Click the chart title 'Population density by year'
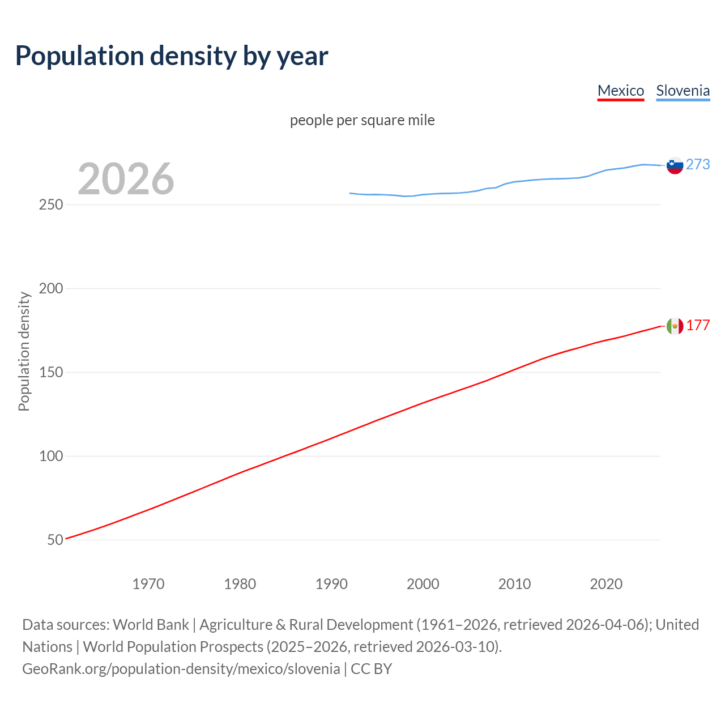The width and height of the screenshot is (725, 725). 172,56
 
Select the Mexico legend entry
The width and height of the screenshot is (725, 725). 621,91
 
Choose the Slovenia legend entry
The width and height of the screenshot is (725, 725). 683,91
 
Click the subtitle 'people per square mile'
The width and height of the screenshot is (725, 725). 362,120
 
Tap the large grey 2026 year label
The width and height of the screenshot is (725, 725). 126,179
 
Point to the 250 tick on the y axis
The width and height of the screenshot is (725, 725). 51,204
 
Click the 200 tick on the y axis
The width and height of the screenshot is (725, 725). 51,288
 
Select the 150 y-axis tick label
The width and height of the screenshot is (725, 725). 51,372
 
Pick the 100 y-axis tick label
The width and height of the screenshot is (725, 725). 51,456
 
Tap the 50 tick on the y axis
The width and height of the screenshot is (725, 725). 55,540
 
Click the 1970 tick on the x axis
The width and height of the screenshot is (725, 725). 148,584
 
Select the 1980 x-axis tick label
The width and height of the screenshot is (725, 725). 240,584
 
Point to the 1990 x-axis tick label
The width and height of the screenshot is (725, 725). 331,584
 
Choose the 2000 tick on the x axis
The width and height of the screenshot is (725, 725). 423,584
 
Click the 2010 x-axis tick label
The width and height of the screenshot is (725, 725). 514,584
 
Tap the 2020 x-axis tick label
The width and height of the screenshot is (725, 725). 606,584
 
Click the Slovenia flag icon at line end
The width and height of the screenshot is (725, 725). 675,165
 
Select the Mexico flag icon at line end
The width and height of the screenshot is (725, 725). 675,326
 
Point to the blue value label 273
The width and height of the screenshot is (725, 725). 698,164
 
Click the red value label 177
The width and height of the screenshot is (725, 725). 698,325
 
